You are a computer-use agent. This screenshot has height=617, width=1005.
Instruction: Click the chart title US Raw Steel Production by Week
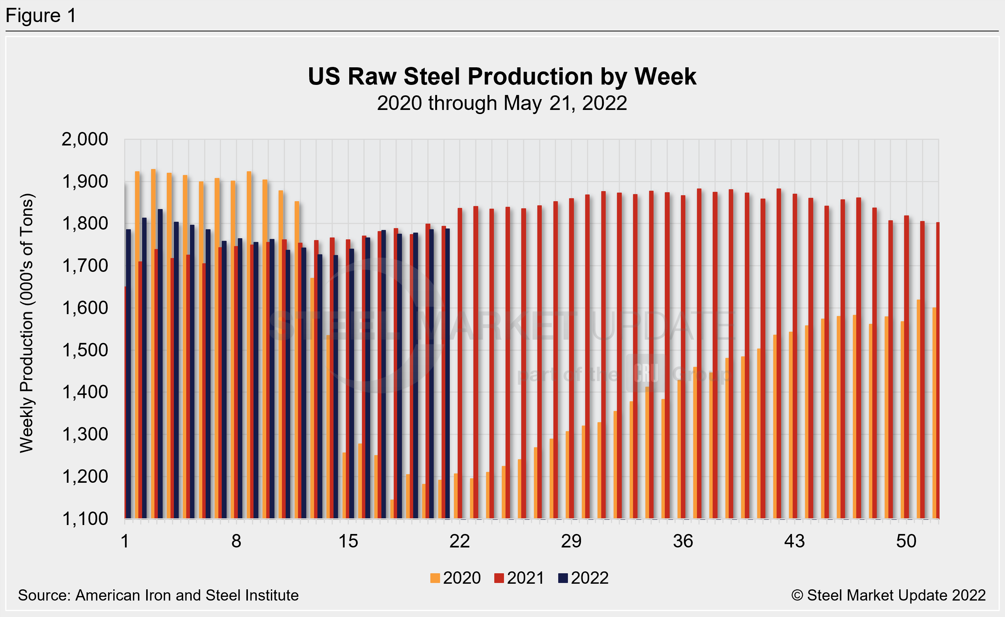502,76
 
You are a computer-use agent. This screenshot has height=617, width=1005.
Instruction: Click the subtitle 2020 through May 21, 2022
502,103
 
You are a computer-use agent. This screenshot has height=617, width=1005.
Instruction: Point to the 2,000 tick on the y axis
84,139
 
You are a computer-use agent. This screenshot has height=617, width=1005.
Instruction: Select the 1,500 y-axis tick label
84,350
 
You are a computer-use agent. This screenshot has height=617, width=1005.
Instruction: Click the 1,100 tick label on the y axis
84,519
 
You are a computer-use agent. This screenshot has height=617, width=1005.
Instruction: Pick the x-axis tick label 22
460,541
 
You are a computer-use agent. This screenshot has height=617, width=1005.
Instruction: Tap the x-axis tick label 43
795,541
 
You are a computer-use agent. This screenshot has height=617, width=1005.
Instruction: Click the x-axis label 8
236,541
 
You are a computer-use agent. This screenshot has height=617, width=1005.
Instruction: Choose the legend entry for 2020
456,578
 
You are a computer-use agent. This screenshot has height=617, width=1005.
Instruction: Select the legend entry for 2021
519,578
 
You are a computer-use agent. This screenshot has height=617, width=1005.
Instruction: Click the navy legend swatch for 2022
563,578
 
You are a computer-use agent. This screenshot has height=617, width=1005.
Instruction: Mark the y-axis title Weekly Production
27,322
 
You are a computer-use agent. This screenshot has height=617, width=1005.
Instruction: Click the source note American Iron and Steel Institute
158,595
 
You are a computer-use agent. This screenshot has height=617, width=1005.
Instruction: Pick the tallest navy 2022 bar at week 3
160,363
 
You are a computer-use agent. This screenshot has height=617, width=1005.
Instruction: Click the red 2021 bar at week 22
460,363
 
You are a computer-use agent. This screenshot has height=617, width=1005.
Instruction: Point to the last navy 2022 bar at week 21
448,374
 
